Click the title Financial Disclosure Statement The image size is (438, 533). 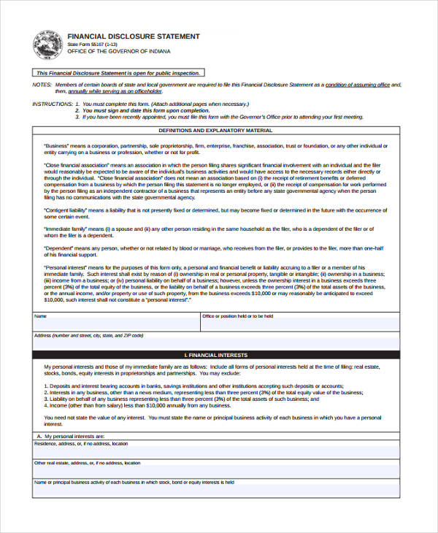pyautogui.click(x=133, y=36)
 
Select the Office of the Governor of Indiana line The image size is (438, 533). pyautogui.click(x=118, y=52)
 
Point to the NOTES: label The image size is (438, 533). pyautogui.click(x=42, y=85)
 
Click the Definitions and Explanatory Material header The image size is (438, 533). pyautogui.click(x=215, y=131)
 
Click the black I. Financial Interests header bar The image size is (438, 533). pyautogui.click(x=216, y=355)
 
